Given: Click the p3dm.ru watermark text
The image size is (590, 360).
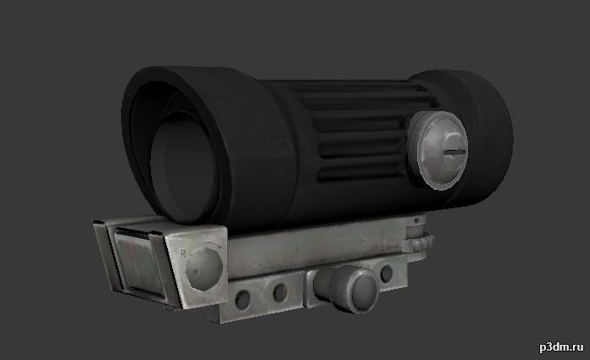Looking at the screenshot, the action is (x=561, y=346).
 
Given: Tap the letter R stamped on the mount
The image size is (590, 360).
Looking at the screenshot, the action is (x=183, y=253).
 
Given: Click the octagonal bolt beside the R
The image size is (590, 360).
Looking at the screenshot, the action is (x=204, y=269).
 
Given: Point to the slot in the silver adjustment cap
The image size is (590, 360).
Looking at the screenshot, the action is (x=454, y=152).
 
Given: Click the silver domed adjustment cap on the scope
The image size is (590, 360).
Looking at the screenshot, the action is (x=437, y=150).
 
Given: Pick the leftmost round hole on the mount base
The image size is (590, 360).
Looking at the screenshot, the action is (x=242, y=299).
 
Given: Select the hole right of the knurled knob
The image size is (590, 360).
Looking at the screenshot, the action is (x=387, y=274).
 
